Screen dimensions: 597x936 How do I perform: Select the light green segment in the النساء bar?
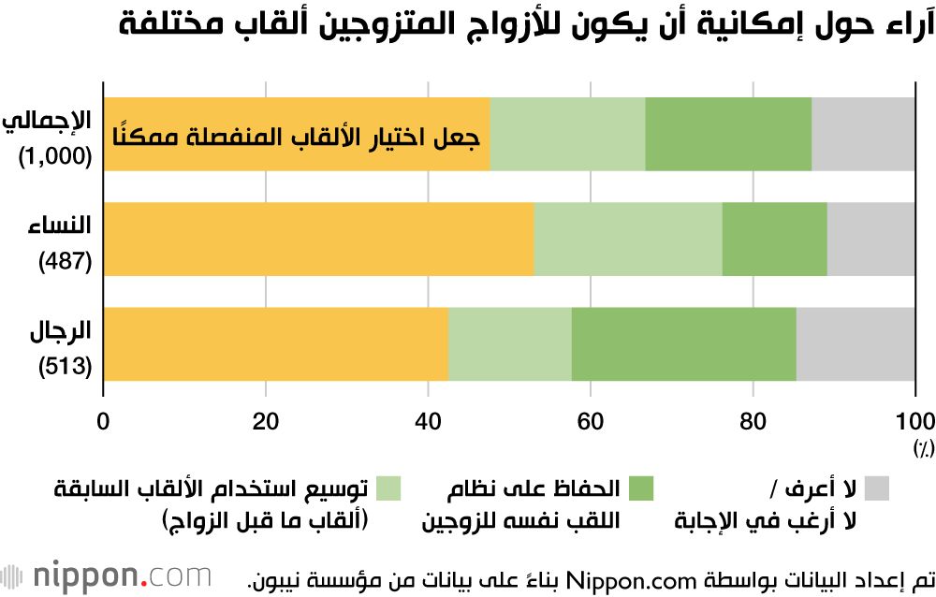(628, 239)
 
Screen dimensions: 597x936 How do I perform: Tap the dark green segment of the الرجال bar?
(683, 343)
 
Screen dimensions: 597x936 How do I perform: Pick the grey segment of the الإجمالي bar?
(863, 134)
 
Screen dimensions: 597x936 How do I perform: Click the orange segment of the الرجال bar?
(276, 343)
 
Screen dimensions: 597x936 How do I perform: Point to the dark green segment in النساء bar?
(774, 239)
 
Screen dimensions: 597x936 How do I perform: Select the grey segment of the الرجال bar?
(856, 343)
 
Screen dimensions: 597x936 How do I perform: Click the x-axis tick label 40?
(428, 418)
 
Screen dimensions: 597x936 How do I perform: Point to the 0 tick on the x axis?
(104, 418)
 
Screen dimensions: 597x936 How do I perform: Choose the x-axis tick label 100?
(915, 418)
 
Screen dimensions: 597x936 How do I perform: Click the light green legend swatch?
(388, 488)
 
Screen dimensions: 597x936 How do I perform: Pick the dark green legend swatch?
(640, 488)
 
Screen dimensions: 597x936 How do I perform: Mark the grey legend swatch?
(876, 488)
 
